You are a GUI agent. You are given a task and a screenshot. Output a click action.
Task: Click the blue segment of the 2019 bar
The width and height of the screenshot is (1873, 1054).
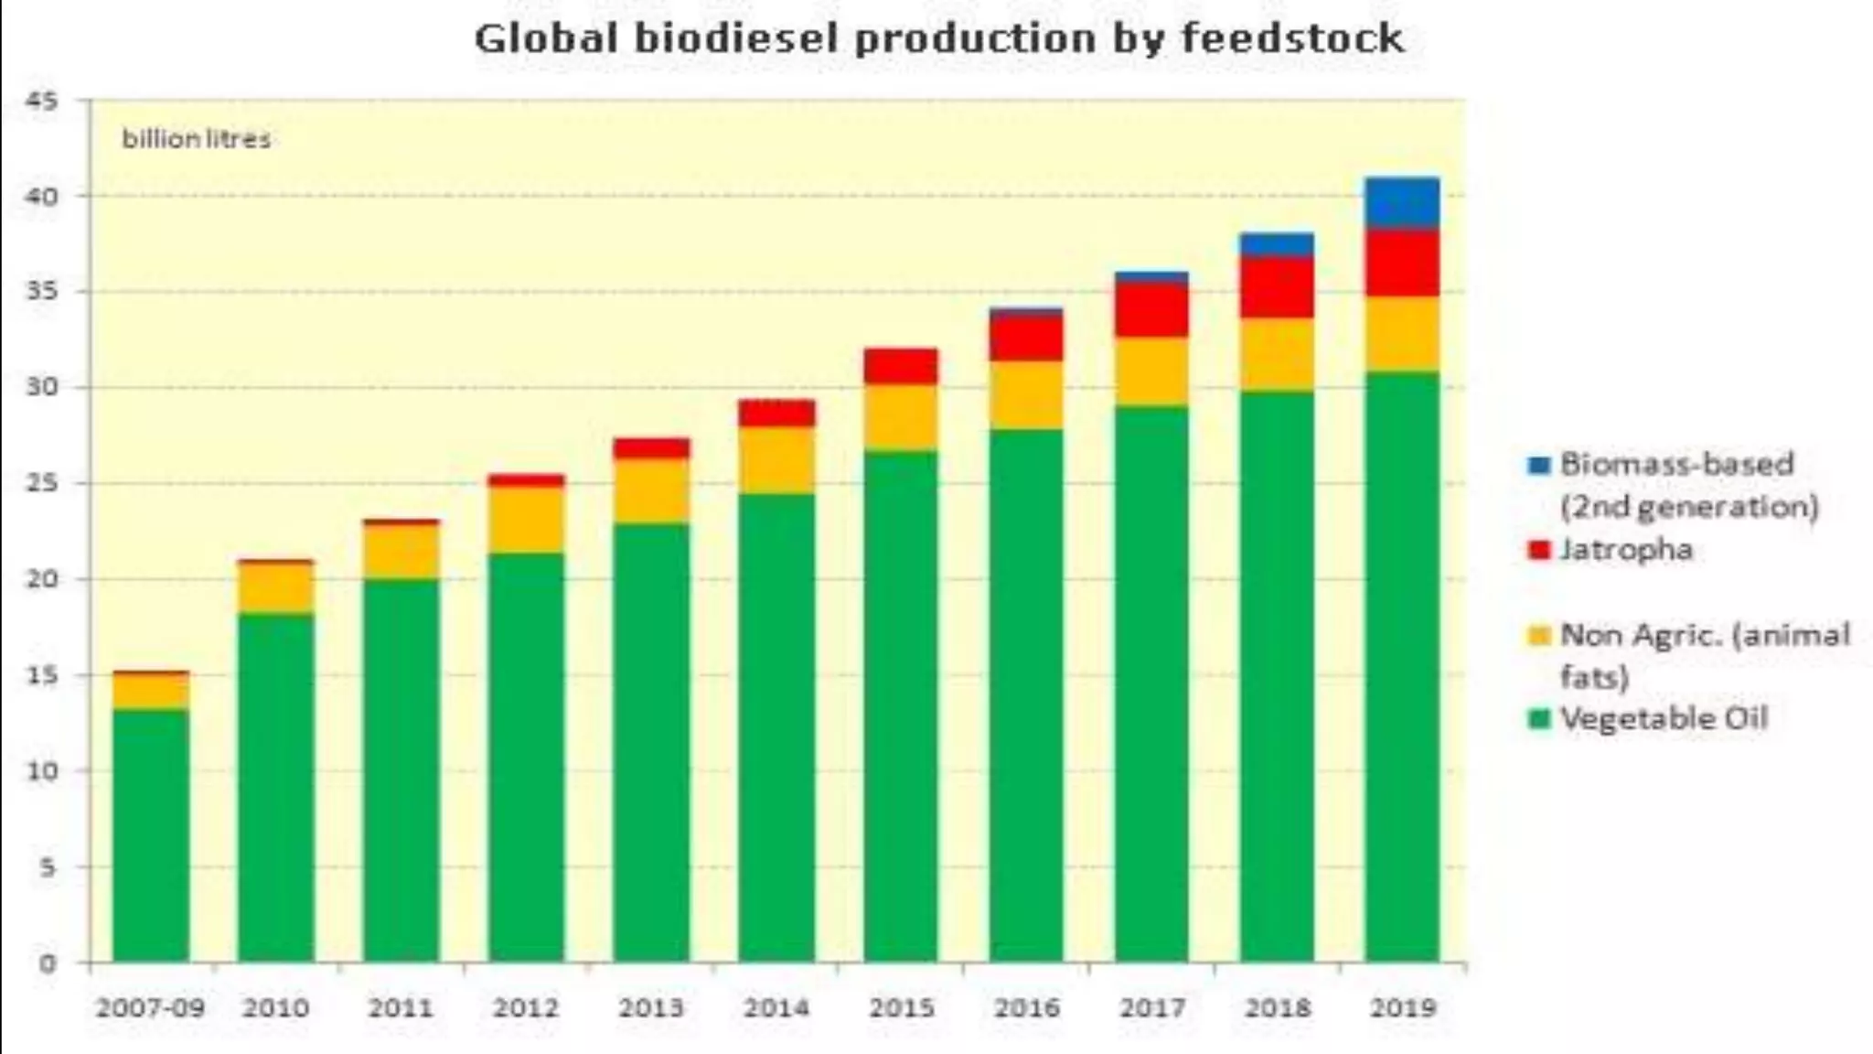click(x=1402, y=202)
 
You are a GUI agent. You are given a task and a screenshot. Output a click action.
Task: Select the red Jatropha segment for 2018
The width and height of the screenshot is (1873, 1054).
click(x=1277, y=287)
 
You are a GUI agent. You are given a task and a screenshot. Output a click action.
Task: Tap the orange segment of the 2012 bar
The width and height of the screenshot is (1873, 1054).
click(x=526, y=519)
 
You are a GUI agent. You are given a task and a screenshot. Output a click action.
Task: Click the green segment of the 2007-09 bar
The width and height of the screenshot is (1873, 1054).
click(x=151, y=834)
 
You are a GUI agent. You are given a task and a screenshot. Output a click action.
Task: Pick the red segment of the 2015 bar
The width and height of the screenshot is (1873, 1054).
click(x=901, y=366)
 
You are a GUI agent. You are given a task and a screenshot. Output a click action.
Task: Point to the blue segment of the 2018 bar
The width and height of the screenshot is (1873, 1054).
click(x=1277, y=244)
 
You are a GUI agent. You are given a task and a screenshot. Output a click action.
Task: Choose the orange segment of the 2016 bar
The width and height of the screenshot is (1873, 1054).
click(x=1026, y=394)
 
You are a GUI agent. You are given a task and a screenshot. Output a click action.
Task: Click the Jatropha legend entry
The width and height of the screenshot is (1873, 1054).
click(x=1626, y=550)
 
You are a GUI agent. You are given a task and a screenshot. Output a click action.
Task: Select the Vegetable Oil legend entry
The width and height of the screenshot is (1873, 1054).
click(x=1663, y=718)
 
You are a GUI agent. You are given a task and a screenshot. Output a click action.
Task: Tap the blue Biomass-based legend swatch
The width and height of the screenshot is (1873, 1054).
click(x=1539, y=465)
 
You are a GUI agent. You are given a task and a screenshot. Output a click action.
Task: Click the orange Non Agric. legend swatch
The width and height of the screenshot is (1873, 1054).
click(x=1539, y=635)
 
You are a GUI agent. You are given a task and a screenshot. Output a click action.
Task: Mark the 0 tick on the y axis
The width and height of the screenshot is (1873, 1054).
click(x=47, y=963)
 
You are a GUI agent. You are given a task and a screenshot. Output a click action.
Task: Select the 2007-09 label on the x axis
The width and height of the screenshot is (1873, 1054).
click(x=151, y=1008)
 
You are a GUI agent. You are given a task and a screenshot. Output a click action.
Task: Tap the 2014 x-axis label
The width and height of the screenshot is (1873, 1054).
click(x=776, y=1008)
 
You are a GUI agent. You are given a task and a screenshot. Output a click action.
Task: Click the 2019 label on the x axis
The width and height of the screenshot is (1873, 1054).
click(x=1402, y=1008)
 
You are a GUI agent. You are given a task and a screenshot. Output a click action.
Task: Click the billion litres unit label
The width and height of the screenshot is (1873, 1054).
click(x=197, y=140)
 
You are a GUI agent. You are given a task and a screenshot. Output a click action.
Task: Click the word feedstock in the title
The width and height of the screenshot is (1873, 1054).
click(x=1291, y=38)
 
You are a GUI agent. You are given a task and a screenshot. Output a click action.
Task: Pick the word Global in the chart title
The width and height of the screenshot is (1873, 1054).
click(x=546, y=38)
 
